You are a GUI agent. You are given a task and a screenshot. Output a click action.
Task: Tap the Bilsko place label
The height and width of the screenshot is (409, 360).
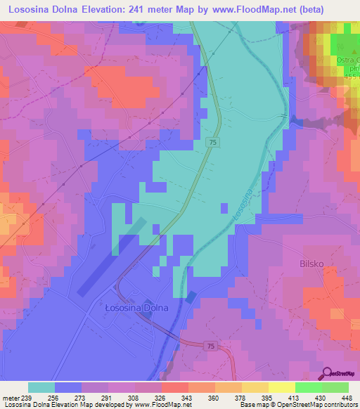pyautogui.click(x=307, y=265)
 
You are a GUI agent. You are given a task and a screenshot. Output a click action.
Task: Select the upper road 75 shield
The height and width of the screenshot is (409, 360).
pyautogui.click(x=212, y=143)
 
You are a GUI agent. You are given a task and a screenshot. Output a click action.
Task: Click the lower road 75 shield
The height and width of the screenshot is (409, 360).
pyautogui.click(x=210, y=345)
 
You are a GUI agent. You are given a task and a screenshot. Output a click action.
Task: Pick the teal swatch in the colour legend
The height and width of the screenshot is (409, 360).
pyautogui.click(x=41, y=387)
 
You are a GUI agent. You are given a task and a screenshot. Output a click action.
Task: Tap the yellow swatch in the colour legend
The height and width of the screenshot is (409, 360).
pyautogui.click(x=281, y=387)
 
